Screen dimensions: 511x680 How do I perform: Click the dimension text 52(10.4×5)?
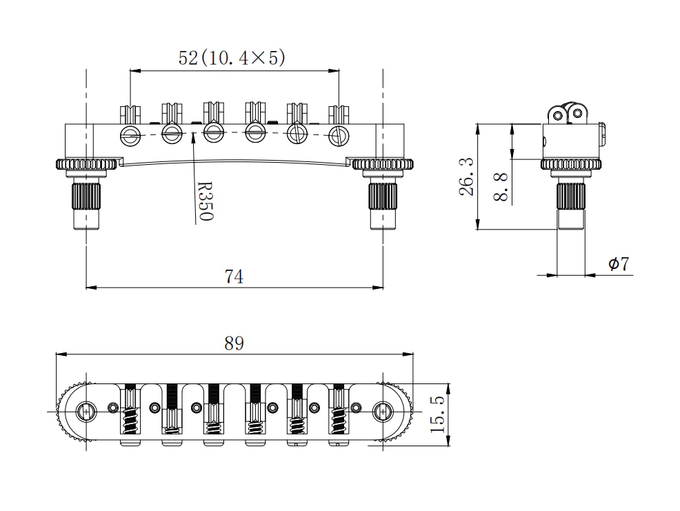click(232, 58)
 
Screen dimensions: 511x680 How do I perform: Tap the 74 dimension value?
click(234, 277)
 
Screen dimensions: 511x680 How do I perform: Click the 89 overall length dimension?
click(234, 343)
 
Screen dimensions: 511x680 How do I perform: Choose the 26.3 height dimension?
click(467, 177)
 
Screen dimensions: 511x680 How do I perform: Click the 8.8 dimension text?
click(501, 186)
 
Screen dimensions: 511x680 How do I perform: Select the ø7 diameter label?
click(619, 264)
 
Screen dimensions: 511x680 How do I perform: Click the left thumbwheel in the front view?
click(86, 164)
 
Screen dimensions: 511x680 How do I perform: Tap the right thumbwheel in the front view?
click(383, 164)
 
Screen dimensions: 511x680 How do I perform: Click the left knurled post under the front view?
click(86, 197)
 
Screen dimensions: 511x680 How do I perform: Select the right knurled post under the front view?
click(383, 197)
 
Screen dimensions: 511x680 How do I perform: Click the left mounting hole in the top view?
click(86, 412)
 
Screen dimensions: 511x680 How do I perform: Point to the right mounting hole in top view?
click(383, 412)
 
